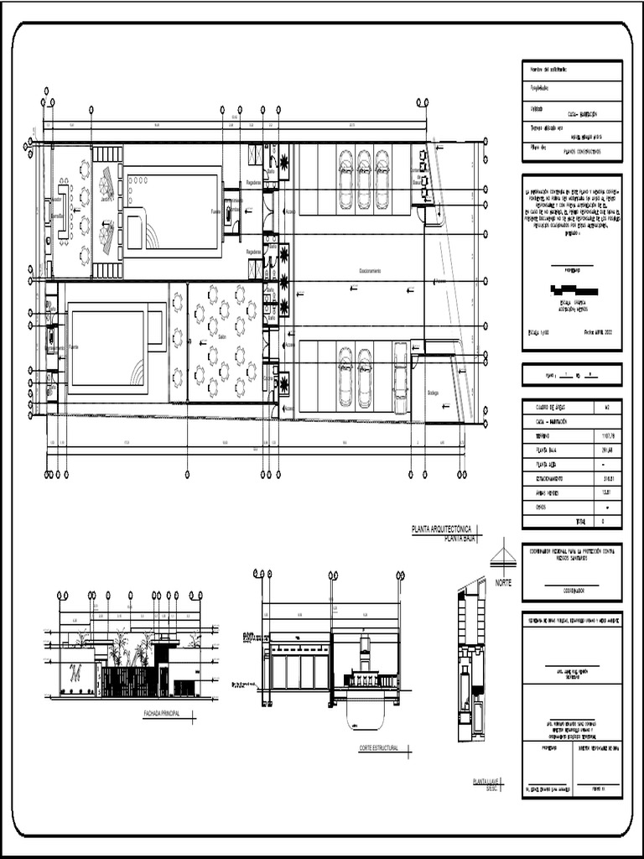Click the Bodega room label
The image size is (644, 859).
(x=433, y=392)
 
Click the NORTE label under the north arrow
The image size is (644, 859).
(x=502, y=582)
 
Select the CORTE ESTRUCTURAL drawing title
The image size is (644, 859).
(x=376, y=746)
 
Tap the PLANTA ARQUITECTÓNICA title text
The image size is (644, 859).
(x=442, y=529)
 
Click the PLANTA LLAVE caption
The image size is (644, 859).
(x=486, y=781)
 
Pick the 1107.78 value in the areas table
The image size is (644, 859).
(x=608, y=437)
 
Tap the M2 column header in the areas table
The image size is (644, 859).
(x=606, y=408)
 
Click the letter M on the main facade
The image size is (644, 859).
(x=76, y=671)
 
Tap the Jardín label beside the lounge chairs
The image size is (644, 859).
(x=105, y=200)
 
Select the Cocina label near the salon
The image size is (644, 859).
(x=267, y=377)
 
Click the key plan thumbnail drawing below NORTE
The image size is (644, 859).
(x=470, y=663)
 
